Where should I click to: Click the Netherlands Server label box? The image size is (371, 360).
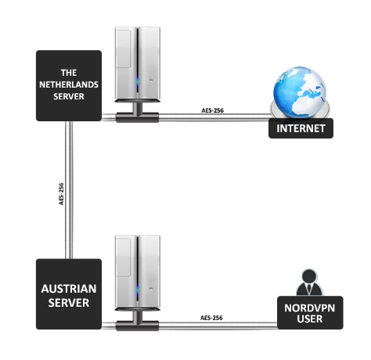tap(69, 85)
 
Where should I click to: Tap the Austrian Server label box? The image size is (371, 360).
tap(69, 294)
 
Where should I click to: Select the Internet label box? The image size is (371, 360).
tap(301, 128)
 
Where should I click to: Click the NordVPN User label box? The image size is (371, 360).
tap(310, 312)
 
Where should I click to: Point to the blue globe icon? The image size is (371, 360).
tap(300, 92)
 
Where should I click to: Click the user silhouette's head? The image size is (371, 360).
tap(309, 277)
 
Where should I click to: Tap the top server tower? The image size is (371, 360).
tap(138, 64)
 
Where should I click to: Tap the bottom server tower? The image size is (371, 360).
tap(138, 272)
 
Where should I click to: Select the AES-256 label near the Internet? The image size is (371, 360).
tap(212, 110)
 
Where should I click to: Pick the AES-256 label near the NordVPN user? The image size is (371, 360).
tap(211, 318)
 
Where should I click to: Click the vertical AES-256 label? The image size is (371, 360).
tap(61, 194)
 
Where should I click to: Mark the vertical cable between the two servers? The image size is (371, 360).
tap(69, 190)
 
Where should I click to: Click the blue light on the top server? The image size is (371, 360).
tap(138, 82)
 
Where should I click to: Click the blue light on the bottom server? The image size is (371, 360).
tap(138, 290)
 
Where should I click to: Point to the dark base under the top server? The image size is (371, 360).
tap(137, 117)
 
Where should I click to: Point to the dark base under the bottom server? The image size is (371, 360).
tap(137, 326)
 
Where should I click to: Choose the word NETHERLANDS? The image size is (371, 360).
tap(69, 85)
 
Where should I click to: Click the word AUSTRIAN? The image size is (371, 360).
tap(69, 289)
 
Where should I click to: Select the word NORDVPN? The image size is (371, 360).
tap(310, 308)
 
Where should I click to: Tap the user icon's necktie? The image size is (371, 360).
tap(309, 289)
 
